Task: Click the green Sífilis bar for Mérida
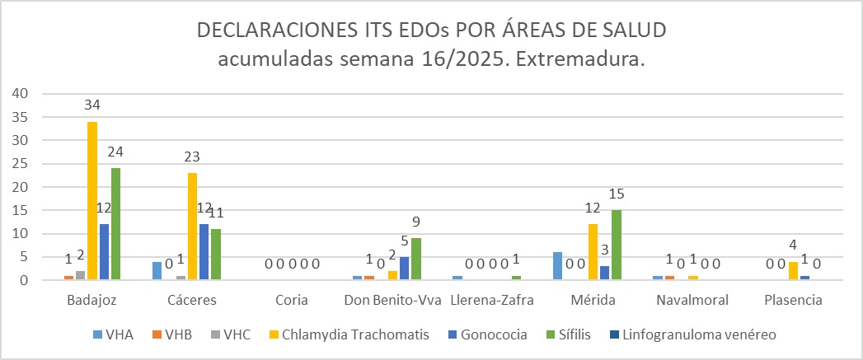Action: click(616, 245)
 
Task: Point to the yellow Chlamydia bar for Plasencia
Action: click(792, 271)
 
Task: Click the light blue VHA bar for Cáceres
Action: click(157, 271)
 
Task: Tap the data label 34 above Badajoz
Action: click(92, 105)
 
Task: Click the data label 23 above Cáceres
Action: click(192, 157)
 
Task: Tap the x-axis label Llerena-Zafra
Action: click(494, 300)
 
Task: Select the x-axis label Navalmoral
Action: click(692, 300)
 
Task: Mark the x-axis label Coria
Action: click(293, 300)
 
